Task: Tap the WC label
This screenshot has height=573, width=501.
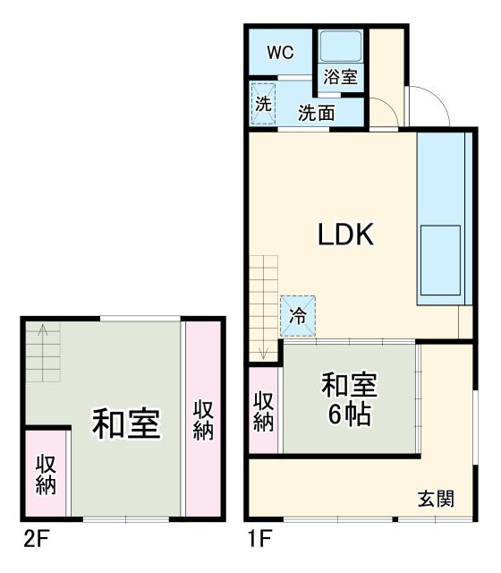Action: click(x=281, y=53)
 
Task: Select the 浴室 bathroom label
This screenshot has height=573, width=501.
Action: click(x=340, y=77)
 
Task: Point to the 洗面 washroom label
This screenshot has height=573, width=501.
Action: click(x=316, y=113)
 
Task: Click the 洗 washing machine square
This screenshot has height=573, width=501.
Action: click(x=263, y=103)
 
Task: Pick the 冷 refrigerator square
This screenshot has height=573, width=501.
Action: click(x=297, y=315)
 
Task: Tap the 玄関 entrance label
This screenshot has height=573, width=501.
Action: click(x=436, y=499)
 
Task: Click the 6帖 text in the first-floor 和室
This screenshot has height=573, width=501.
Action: click(x=350, y=415)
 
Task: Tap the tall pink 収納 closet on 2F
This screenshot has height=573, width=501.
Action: click(x=203, y=419)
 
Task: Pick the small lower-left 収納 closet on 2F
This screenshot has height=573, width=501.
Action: click(x=47, y=475)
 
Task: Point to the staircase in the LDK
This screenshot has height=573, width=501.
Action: click(x=265, y=304)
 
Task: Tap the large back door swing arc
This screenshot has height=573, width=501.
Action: click(x=428, y=107)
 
